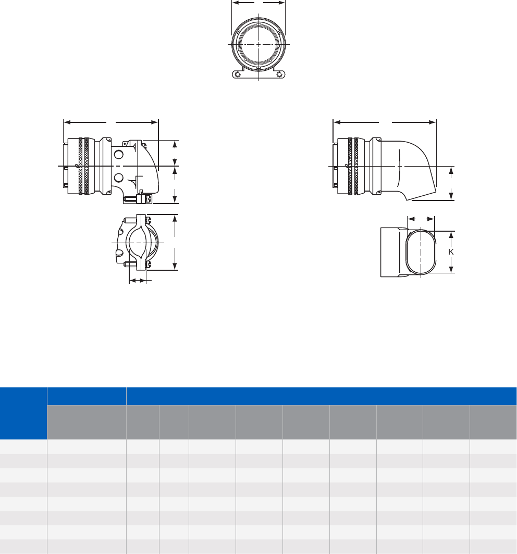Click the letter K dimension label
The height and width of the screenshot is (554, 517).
click(x=452, y=251)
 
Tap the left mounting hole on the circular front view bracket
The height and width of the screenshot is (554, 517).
click(x=238, y=75)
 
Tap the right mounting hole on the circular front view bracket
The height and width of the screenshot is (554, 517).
click(x=280, y=75)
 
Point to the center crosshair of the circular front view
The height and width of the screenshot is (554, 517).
click(x=259, y=44)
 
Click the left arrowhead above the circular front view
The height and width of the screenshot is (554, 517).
click(x=234, y=3)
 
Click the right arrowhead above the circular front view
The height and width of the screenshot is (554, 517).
click(x=283, y=3)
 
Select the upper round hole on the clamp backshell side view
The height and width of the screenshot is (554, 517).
click(x=118, y=154)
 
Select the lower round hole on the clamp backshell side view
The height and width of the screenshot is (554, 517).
click(x=118, y=177)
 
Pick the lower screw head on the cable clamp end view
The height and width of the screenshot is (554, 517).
click(x=147, y=265)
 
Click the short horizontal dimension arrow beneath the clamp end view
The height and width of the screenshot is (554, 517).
click(x=138, y=281)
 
